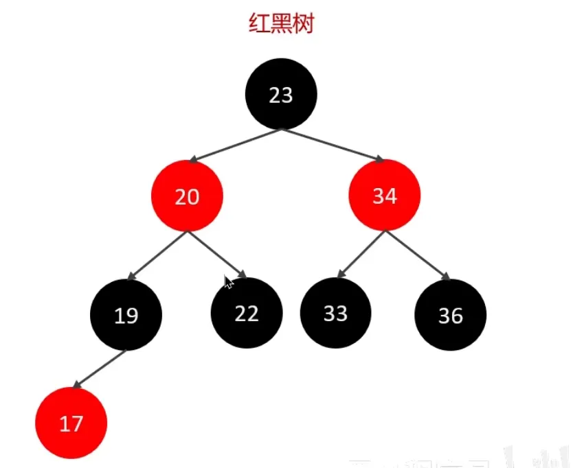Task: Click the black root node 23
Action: (281, 95)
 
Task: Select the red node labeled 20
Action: (187, 196)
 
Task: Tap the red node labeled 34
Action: (385, 196)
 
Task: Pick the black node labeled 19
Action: (126, 315)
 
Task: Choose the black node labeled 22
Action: (247, 313)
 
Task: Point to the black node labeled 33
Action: (336, 313)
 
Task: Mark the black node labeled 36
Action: (451, 315)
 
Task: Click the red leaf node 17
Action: (71, 423)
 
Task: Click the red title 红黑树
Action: (281, 24)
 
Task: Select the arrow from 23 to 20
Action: (234, 145)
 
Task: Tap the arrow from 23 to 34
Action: (333, 145)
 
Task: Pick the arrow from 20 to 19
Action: (157, 256)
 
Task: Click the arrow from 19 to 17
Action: (99, 369)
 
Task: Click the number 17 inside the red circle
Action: (71, 424)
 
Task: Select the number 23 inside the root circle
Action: (281, 95)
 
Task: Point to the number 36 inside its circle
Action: (451, 316)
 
